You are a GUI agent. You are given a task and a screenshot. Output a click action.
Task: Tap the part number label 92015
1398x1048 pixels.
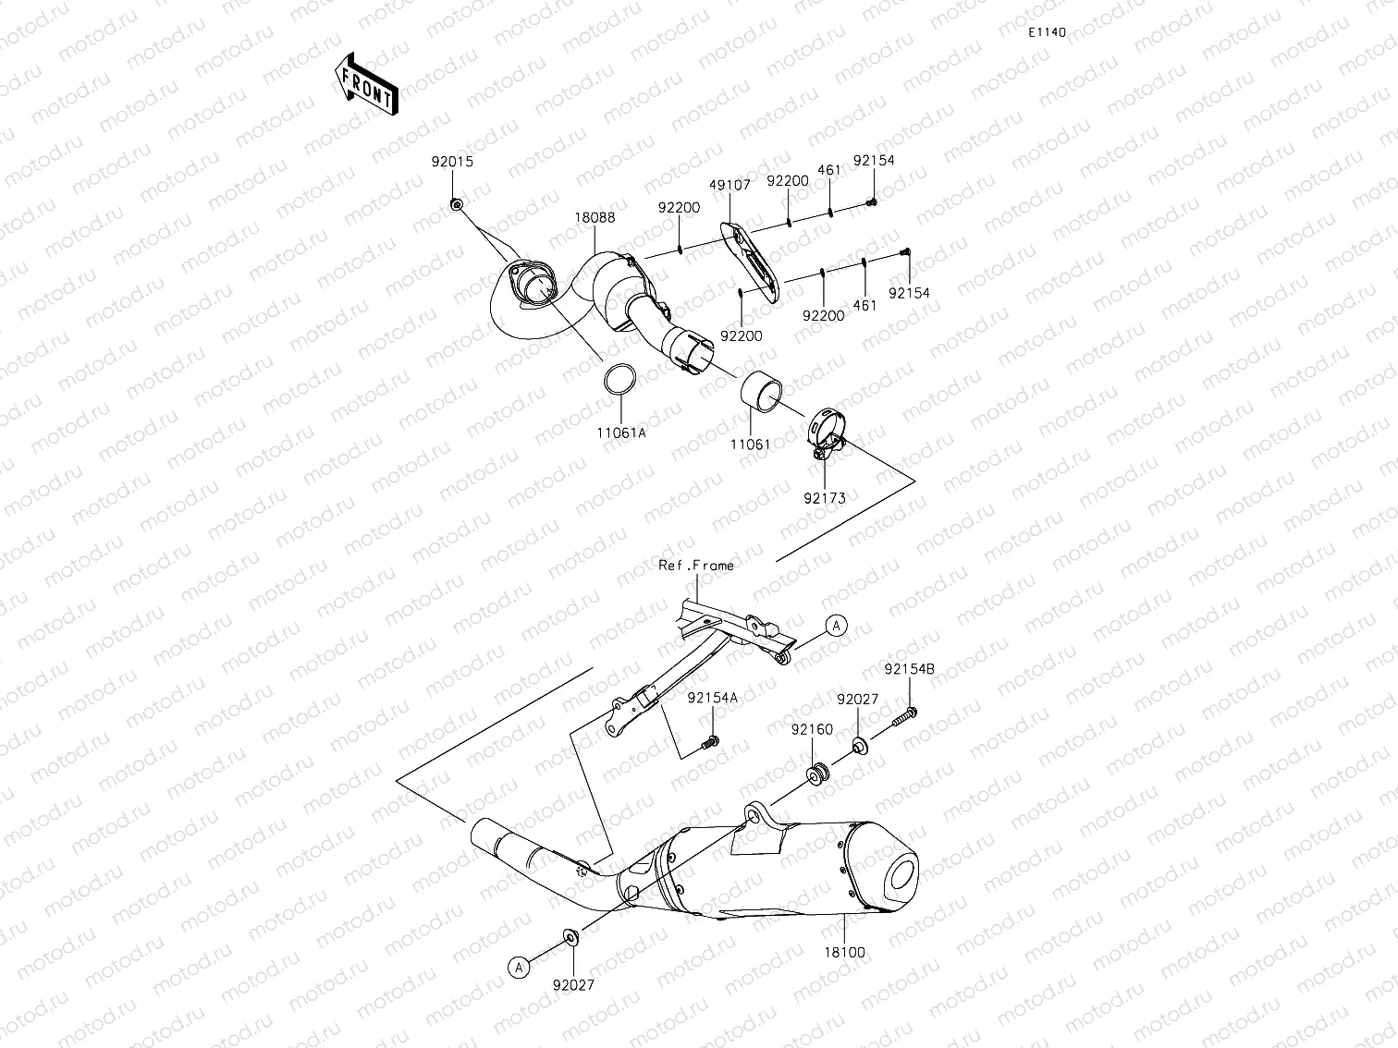[452, 161]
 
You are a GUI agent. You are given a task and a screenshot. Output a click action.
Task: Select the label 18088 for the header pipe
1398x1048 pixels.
[595, 218]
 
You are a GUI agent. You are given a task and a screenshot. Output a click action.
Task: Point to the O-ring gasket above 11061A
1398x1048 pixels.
[619, 380]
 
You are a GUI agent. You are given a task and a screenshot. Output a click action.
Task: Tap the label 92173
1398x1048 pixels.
[824, 498]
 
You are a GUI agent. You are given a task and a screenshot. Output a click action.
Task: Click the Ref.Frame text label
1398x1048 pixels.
[695, 565]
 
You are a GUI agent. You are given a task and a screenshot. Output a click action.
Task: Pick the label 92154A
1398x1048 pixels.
[713, 698]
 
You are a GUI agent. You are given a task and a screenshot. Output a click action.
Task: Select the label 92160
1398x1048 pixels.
[812, 729]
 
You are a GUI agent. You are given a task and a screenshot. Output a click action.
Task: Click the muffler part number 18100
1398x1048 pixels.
[847, 952]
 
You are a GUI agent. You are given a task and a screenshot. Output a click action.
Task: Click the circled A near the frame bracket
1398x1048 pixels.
[836, 626]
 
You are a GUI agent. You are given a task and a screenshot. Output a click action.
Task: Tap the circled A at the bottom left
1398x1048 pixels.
[520, 967]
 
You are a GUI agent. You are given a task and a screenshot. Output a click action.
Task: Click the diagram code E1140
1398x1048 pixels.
[1048, 32]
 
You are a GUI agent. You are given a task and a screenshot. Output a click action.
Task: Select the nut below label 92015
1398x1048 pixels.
[456, 203]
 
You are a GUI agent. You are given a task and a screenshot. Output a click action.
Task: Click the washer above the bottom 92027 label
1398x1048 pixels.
[570, 939]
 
